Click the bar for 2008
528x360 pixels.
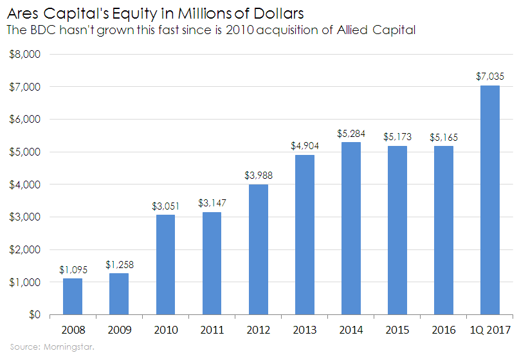tap(73, 296)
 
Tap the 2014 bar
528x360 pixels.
tap(350, 228)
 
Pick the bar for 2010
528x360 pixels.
tap(165, 264)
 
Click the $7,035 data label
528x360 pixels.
tap(490, 76)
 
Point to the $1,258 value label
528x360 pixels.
tap(119, 264)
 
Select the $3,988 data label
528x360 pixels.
tap(258, 175)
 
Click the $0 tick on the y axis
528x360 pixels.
tap(34, 315)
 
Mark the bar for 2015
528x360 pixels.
tap(397, 230)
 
